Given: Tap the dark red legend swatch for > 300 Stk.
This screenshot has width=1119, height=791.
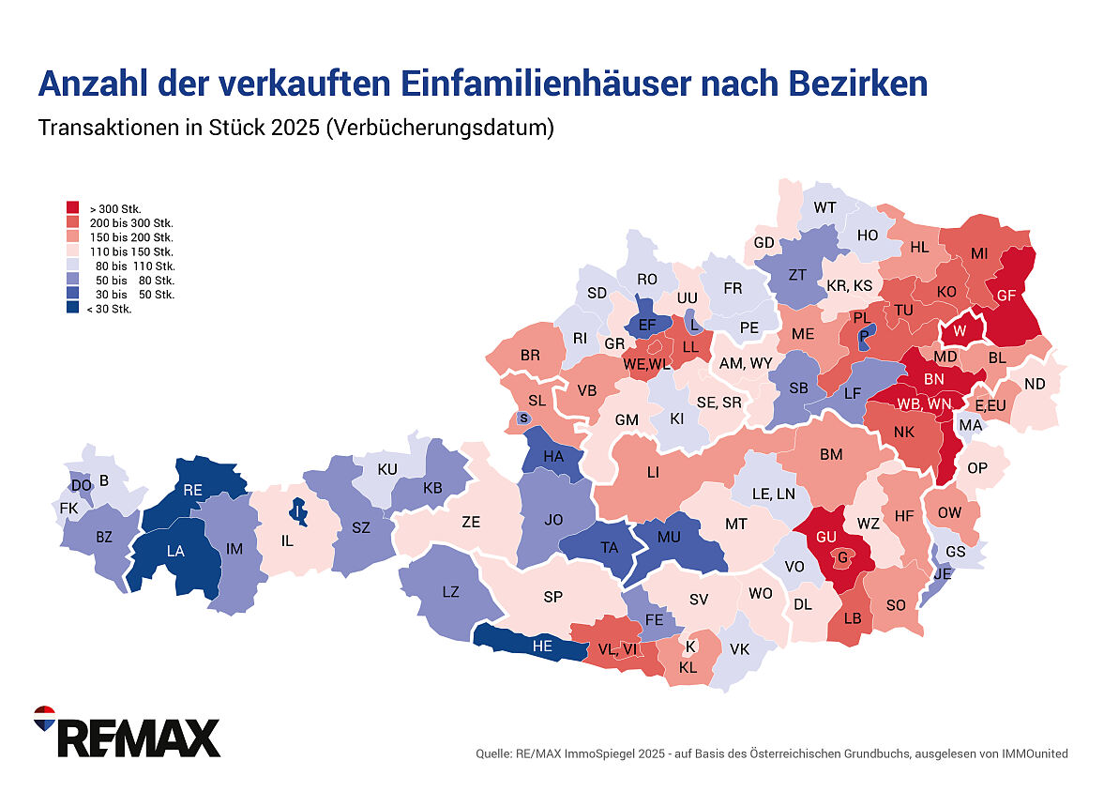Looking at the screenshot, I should click(x=72, y=207).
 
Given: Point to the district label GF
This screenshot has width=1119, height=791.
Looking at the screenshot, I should click(x=1006, y=295).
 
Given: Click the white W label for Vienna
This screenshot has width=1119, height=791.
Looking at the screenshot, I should click(x=959, y=332).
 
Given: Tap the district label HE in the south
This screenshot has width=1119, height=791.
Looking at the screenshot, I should click(x=542, y=646).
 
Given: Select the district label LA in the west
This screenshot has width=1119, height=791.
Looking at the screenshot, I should click(x=175, y=552).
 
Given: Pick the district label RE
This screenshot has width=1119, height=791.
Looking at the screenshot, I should click(x=193, y=490).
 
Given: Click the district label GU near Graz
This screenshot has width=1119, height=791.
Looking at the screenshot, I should click(x=826, y=536).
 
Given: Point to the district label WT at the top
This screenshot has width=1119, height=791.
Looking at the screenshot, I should click(x=825, y=207).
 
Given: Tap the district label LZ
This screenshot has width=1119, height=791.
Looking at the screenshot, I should click(x=450, y=591).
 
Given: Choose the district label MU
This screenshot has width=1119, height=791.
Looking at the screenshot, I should click(x=668, y=538).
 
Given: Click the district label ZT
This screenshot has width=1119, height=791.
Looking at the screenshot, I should click(x=798, y=275).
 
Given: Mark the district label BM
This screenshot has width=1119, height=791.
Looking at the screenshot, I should click(x=831, y=455).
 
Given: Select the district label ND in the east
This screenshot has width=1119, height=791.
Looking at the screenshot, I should click(x=1035, y=384).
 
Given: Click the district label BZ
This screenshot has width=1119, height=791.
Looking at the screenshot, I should click(x=103, y=538).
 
